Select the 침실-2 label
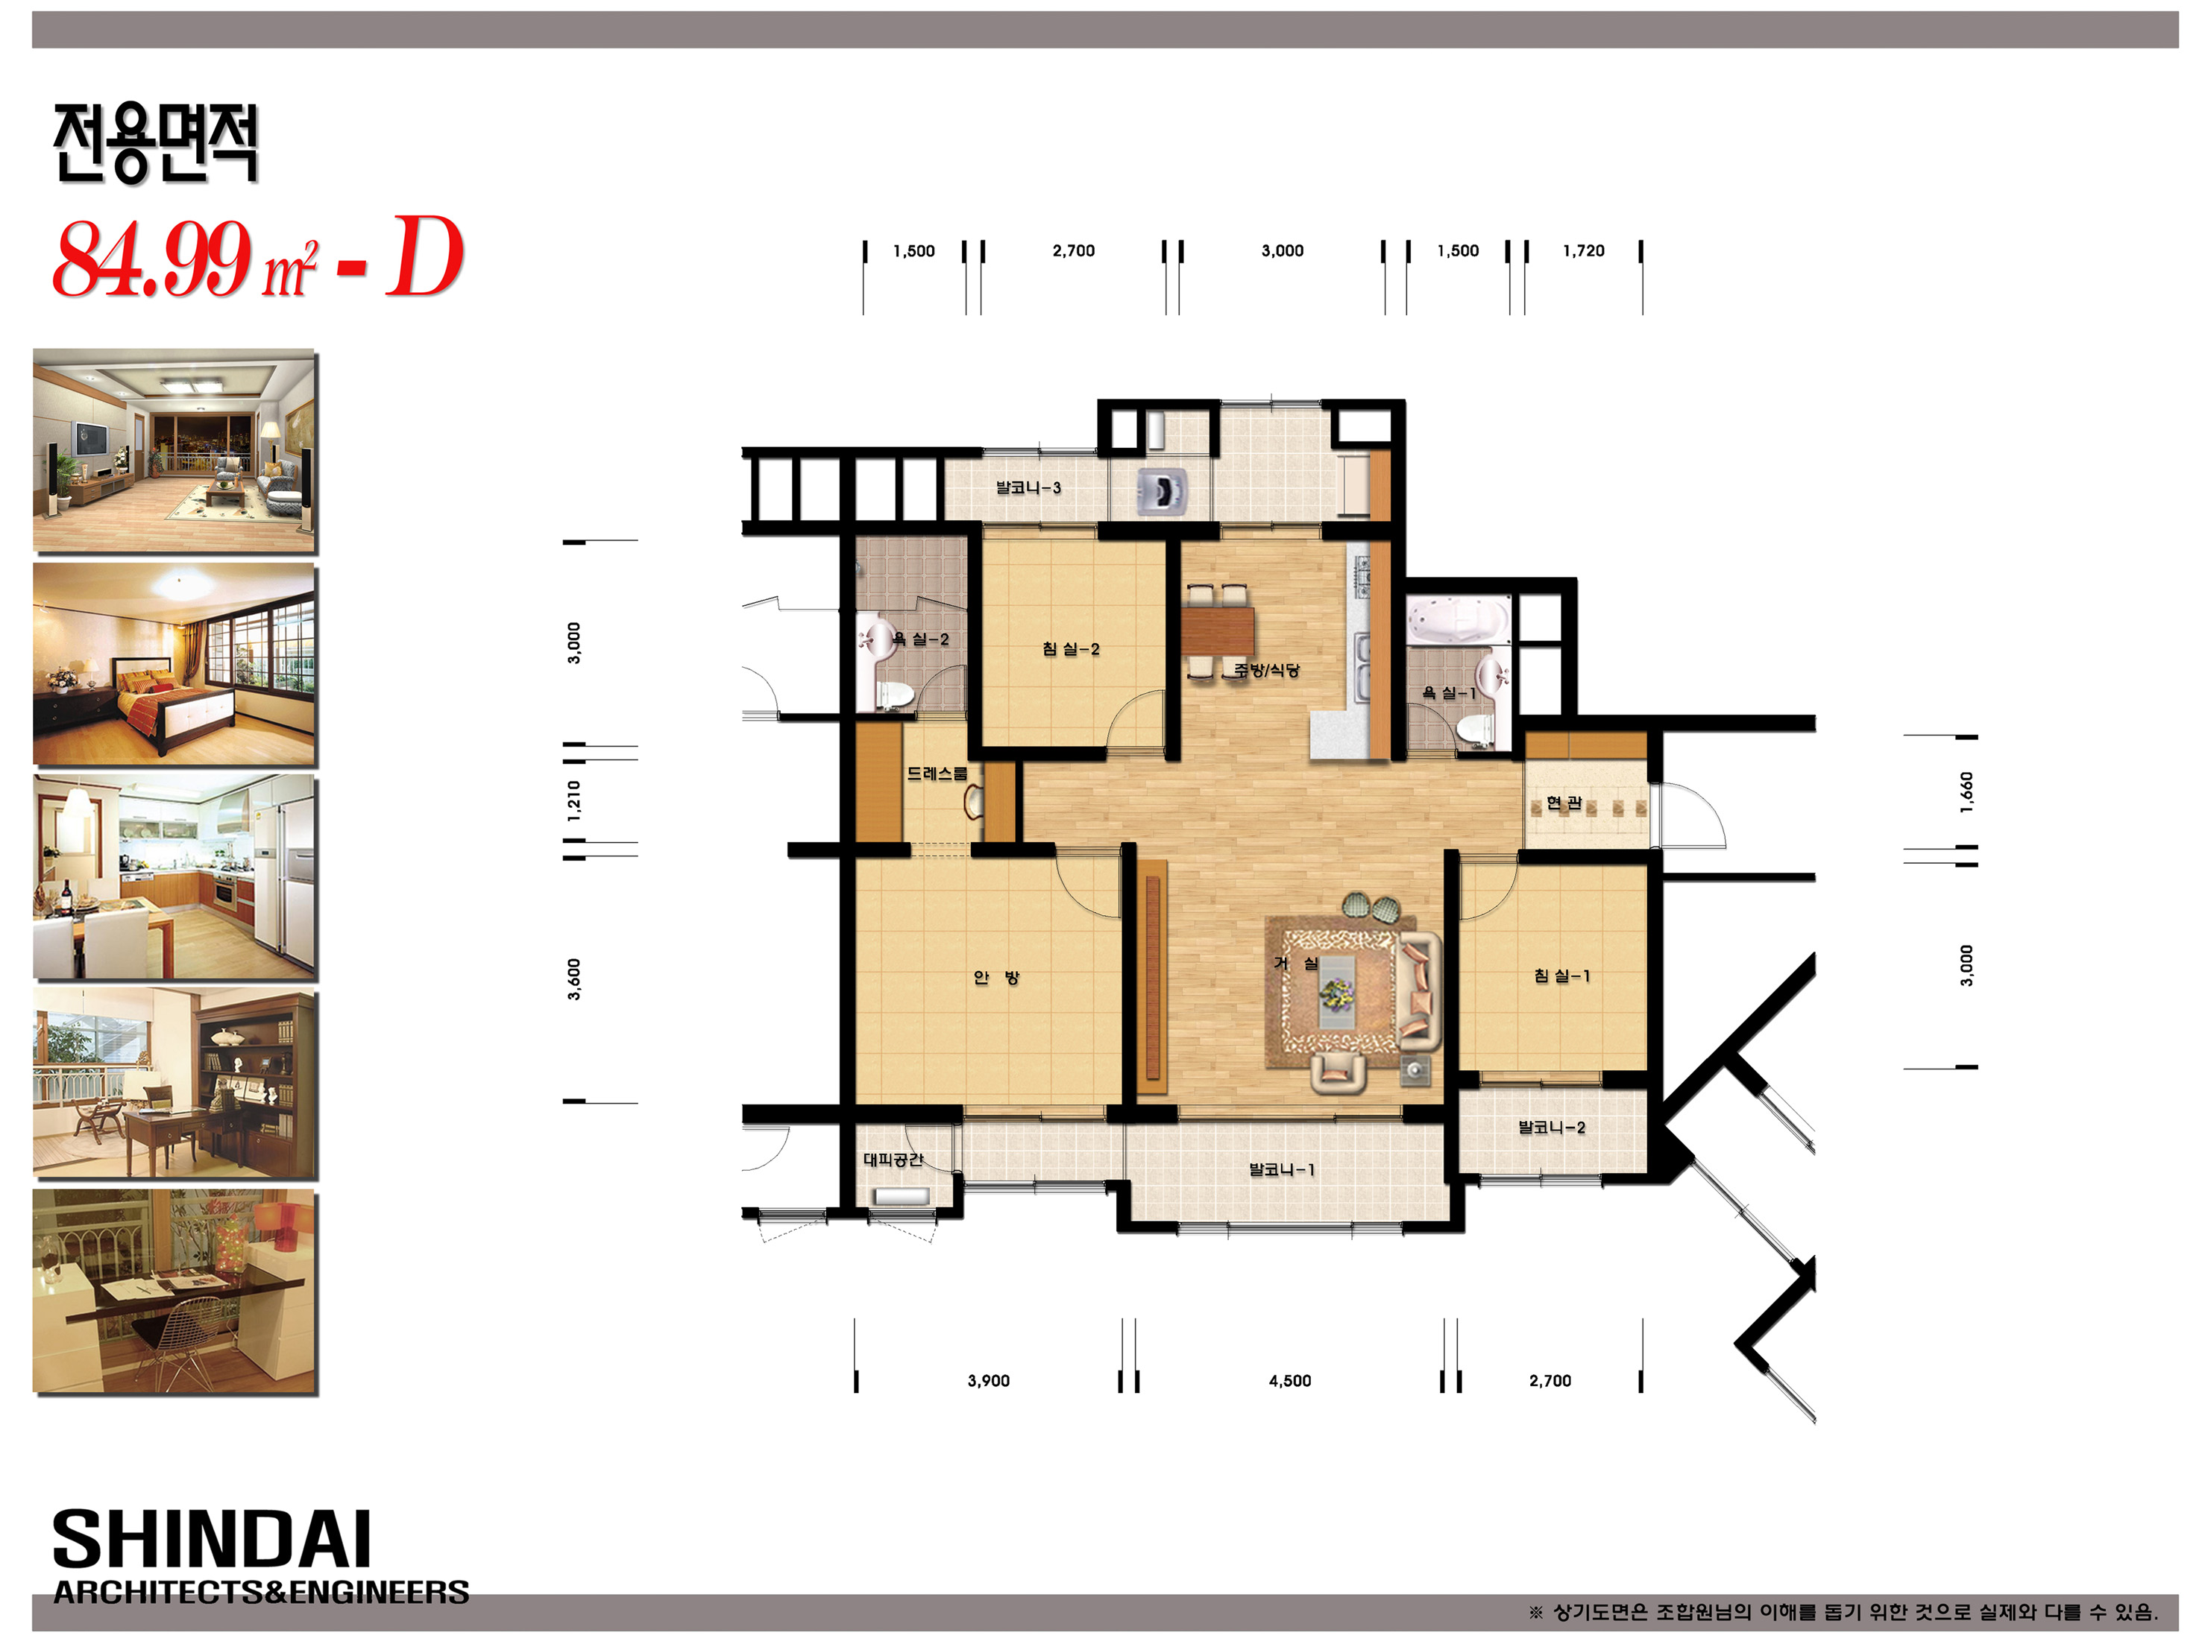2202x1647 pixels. coord(1070,649)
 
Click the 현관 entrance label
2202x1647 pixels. coord(1563,802)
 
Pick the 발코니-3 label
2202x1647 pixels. coord(1028,487)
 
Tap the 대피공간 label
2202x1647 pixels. coord(893,1160)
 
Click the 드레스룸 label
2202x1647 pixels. coord(937,774)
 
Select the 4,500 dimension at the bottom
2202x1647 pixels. coord(1289,1380)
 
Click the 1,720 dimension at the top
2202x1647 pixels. coord(1583,251)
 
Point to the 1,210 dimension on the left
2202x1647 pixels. coord(573,800)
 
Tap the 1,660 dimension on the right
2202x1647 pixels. coord(1966,792)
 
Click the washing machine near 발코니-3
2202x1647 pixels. coord(1162,490)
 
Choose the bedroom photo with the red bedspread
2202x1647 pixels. coord(174,664)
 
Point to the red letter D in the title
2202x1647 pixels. coord(425,257)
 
